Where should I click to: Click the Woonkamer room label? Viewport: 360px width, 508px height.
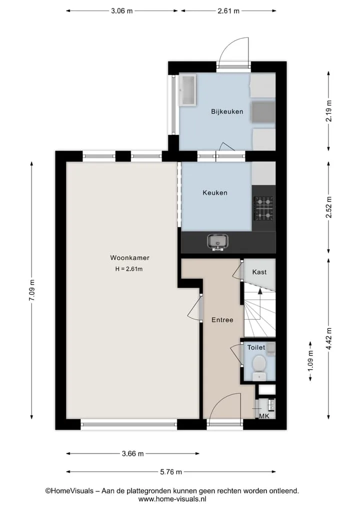click(x=129, y=258)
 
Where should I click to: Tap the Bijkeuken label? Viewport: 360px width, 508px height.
click(x=227, y=112)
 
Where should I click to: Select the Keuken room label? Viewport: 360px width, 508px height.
click(x=214, y=193)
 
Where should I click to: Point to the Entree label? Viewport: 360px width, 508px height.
click(x=222, y=320)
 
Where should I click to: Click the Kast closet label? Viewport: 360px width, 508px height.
click(x=259, y=272)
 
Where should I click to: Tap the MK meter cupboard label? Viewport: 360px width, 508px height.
click(x=264, y=416)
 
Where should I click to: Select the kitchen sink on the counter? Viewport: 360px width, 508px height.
click(x=217, y=242)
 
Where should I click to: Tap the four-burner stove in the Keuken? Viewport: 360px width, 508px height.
click(x=263, y=208)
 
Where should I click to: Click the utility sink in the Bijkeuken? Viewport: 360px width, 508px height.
click(x=188, y=90)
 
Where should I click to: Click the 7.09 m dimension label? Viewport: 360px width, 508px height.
click(x=32, y=290)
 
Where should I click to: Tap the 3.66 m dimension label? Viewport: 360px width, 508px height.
click(x=132, y=454)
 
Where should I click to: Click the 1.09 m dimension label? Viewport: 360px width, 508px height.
click(x=310, y=361)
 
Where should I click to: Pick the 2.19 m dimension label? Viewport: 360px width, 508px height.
click(x=329, y=111)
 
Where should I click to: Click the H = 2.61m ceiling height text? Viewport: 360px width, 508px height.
click(x=129, y=269)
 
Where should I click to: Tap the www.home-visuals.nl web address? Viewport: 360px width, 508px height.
click(x=172, y=499)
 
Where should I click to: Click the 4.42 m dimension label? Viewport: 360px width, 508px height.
click(x=329, y=339)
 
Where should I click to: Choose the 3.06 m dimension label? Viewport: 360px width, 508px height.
click(x=122, y=11)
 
